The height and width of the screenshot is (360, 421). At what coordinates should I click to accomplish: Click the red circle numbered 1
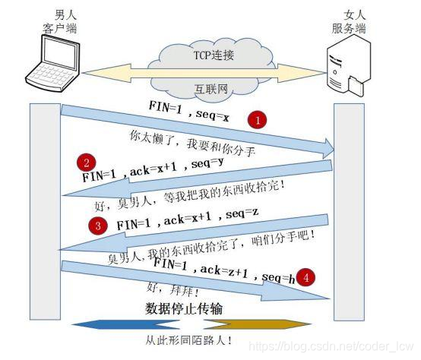(x=259, y=120)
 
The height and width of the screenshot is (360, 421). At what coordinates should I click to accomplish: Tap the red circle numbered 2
(x=87, y=162)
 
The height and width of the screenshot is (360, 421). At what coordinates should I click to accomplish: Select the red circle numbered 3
(x=97, y=226)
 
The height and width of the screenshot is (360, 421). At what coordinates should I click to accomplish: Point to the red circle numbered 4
(x=305, y=276)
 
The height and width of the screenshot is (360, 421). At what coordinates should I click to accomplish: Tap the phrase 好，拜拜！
(x=163, y=290)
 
